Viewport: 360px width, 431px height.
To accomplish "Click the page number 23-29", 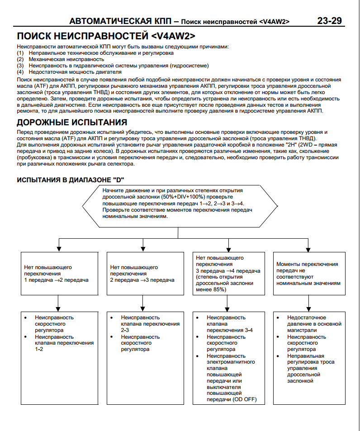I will pos(329,21).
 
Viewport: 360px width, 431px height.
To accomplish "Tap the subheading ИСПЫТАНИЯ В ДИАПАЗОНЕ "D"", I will pos(70,180).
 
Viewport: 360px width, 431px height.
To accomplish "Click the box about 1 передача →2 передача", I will pos(59,273).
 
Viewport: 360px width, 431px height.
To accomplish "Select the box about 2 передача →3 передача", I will pos(143,273).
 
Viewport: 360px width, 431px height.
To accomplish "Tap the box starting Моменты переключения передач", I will pos(308,273).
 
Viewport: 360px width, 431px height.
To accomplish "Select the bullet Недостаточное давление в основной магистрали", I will pos(314,323).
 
